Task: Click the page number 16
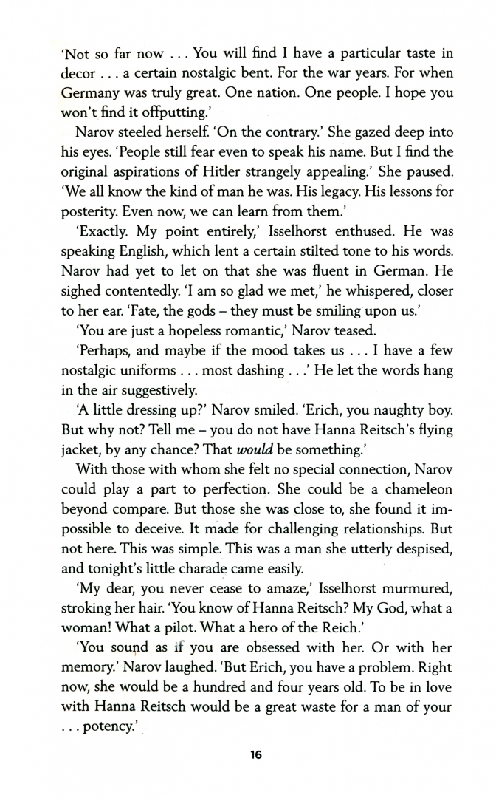point(256,755)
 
